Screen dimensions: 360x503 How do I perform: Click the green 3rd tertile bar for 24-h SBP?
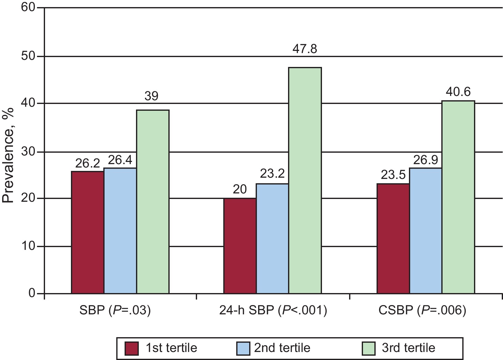coord(305,180)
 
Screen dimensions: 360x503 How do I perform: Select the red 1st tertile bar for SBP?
coord(88,232)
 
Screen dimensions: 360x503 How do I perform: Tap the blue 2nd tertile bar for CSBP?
coord(426,231)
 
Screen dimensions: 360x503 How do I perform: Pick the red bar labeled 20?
coord(240,246)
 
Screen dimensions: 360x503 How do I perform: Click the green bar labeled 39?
coord(153,201)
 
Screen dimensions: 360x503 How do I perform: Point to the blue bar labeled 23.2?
coord(272,238)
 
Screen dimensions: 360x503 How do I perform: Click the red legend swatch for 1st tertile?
coord(133,348)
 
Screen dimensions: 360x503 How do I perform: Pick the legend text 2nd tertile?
coord(282,348)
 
